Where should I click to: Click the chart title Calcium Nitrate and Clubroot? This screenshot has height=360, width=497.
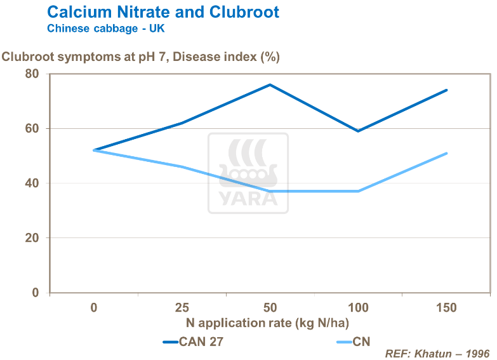(x=163, y=12)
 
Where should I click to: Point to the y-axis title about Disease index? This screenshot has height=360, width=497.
(x=141, y=57)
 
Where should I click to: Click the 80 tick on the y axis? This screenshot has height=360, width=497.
(x=32, y=74)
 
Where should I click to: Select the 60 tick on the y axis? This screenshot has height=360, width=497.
(x=32, y=128)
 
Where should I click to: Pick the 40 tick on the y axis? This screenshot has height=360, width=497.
(x=32, y=183)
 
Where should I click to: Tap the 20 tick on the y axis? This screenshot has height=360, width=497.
(x=32, y=238)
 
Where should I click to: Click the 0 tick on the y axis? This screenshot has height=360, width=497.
(x=36, y=293)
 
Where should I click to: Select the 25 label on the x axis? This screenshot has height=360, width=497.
(x=182, y=308)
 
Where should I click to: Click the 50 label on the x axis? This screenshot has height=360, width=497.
(x=270, y=308)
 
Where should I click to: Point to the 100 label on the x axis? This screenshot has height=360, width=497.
(x=358, y=308)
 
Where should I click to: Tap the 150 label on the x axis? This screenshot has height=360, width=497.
(x=446, y=308)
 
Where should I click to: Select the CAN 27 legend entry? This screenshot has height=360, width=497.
(x=193, y=342)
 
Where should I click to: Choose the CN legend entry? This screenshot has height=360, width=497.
(x=352, y=342)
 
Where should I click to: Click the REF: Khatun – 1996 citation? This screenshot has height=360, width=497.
(x=438, y=352)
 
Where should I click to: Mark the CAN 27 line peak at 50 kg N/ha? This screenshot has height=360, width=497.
(x=270, y=84)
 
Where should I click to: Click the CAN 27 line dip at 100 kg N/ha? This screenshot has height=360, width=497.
(x=359, y=131)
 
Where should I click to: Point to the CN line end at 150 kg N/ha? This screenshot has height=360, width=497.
(x=447, y=153)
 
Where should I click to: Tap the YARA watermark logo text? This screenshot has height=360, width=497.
(x=248, y=199)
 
